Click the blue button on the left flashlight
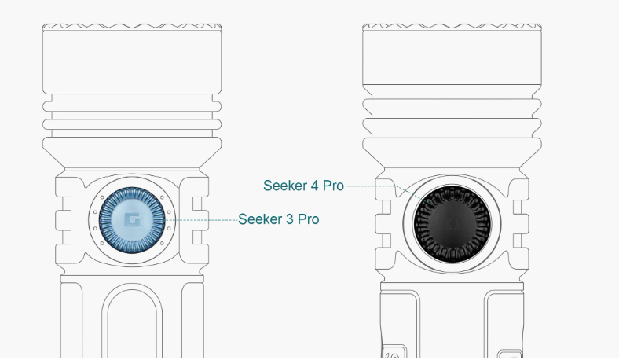[132, 220]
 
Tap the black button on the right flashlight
[452, 224]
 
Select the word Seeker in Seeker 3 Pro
[260, 219]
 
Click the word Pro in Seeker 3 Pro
[308, 219]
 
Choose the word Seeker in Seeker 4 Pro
[285, 186]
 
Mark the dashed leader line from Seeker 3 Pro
[202, 220]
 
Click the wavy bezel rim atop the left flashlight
[132, 28]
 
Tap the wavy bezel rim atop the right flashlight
[452, 28]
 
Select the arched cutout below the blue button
[132, 320]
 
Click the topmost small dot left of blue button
[102, 197]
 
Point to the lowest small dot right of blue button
[163, 243]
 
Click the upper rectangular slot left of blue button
[67, 204]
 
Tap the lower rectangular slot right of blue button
[197, 237]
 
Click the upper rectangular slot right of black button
[518, 207]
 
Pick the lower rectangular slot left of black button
[386, 241]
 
